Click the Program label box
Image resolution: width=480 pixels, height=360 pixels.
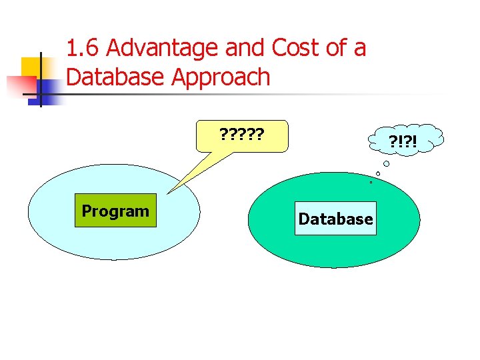(x=115, y=211)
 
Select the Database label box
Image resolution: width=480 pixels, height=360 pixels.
(x=336, y=219)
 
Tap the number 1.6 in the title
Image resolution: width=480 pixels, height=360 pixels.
(x=83, y=49)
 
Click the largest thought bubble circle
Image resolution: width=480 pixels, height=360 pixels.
(x=386, y=163)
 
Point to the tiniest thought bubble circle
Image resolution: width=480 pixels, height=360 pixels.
(x=371, y=182)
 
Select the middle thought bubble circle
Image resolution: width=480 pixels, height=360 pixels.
(x=378, y=174)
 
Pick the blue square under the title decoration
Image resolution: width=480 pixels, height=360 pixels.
(x=48, y=90)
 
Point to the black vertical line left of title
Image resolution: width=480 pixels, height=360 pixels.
(x=41, y=80)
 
